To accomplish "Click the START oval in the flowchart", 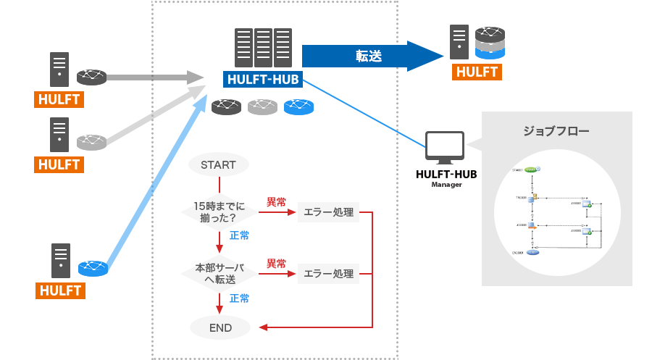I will point(218,164).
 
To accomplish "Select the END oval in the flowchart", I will point(220,327).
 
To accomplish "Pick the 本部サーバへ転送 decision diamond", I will point(219,273).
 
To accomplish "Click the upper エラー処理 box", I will point(328,212).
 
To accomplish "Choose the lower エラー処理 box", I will point(328,274).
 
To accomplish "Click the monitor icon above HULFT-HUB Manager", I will point(445,147).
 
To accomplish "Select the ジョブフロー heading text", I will point(556,132).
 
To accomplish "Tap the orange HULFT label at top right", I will point(477,72).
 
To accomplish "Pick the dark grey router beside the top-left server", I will point(92,76).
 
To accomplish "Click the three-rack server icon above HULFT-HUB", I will point(262,47).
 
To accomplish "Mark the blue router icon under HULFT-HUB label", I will point(298,107).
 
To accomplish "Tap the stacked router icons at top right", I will point(490,43).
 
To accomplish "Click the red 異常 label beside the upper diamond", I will point(276,201).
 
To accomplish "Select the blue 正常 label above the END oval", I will point(239,298).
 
